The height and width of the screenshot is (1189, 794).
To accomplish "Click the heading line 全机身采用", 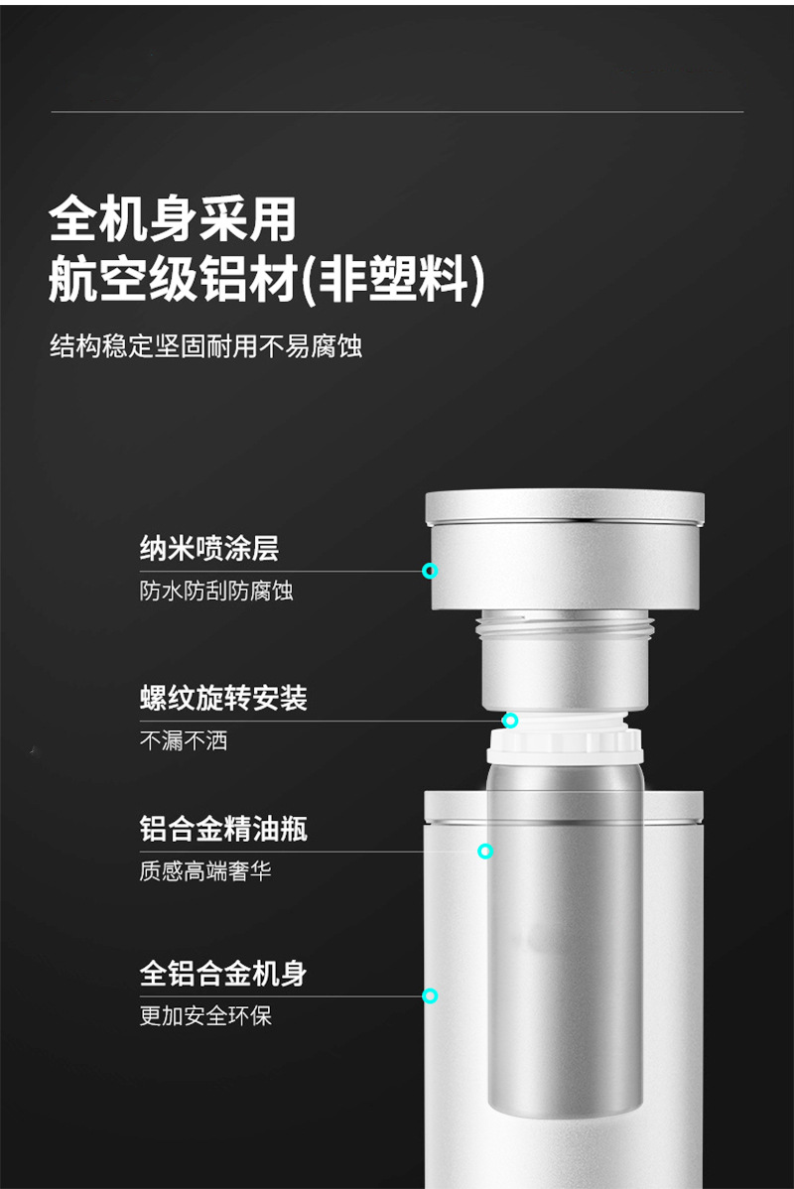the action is (172, 219).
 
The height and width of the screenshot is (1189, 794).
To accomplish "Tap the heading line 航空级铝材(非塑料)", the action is (266, 280).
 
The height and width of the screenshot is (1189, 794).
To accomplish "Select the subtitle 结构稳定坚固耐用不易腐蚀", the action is (205, 345).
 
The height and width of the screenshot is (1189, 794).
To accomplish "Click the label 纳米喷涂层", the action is (209, 548).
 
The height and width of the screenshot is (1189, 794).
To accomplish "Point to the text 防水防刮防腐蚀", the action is (216, 590).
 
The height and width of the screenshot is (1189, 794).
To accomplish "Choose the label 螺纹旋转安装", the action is (223, 698).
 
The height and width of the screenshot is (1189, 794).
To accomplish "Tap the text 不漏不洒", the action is (184, 740).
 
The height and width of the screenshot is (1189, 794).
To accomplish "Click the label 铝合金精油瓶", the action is (223, 828).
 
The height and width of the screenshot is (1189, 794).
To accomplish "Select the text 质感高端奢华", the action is (204, 870).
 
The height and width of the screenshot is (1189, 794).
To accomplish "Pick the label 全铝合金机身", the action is (223, 973).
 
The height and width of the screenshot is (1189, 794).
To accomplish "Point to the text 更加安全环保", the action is (204, 1015).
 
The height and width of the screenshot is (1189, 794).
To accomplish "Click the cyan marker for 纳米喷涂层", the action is (430, 571).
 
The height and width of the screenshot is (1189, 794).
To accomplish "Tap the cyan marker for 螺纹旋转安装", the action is (510, 721).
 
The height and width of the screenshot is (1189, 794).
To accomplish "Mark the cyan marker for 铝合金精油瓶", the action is (485, 851).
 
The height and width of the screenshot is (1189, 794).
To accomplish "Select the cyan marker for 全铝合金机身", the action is (430, 995).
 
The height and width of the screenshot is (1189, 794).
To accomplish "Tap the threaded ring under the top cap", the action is (565, 626).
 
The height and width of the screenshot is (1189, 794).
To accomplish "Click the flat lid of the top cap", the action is (565, 506).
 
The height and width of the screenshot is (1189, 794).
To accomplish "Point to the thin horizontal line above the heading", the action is (397, 112).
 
